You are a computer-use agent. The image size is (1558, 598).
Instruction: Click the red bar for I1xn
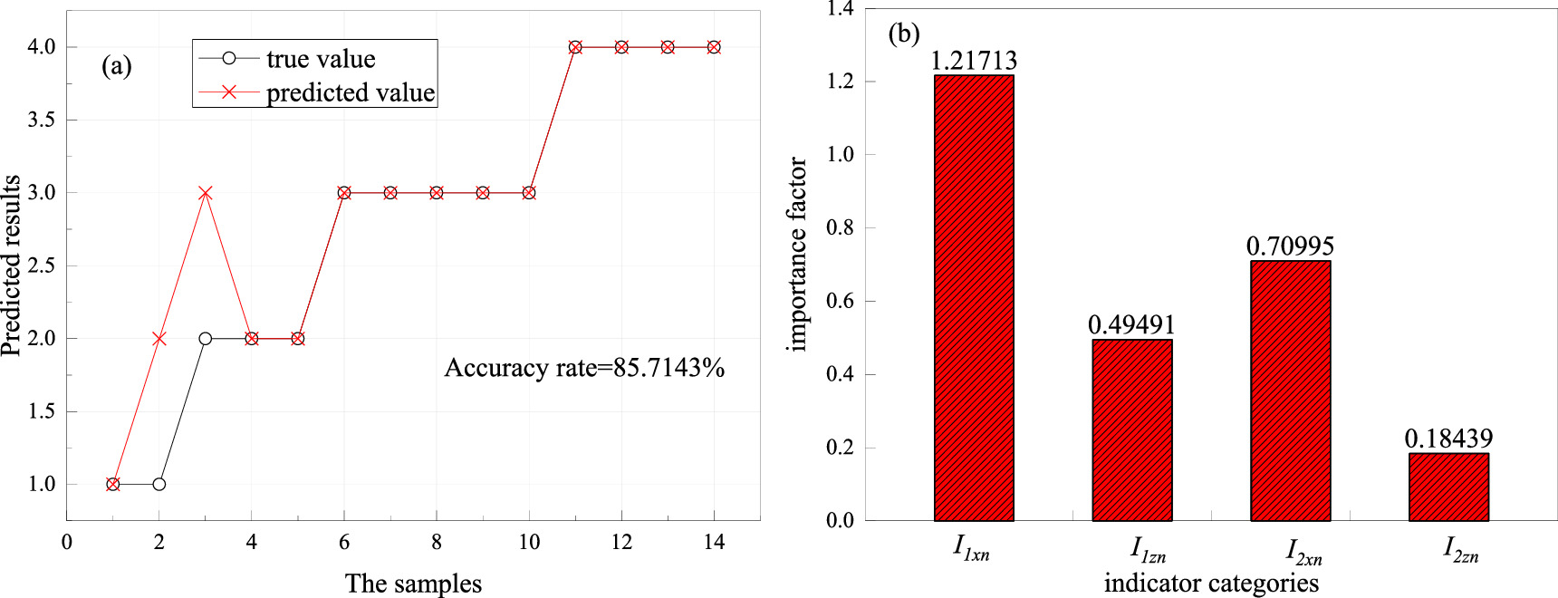974,299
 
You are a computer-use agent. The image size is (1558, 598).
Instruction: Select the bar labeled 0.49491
1132,430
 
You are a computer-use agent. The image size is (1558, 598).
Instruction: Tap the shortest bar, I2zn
1448,487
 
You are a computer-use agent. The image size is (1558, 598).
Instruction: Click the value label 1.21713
974,61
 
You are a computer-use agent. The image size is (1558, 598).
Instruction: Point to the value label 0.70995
1290,246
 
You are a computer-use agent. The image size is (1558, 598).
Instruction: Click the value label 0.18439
1448,439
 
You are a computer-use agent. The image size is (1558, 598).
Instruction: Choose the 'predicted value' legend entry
350,92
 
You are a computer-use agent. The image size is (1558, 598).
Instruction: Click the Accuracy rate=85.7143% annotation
584,368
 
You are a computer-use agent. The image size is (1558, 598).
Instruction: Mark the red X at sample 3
206,193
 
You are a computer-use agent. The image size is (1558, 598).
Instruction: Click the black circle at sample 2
159,484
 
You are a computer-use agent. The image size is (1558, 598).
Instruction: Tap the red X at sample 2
159,339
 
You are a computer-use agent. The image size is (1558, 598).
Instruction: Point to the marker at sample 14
714,47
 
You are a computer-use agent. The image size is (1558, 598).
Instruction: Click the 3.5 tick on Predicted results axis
42,121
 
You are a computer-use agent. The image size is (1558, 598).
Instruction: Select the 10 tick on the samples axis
529,543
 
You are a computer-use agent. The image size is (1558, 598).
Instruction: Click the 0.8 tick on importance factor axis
840,228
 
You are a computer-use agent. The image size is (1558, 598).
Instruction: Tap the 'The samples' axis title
413,584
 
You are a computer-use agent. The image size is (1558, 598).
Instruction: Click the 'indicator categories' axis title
1211,584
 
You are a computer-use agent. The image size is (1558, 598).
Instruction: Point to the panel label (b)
903,34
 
